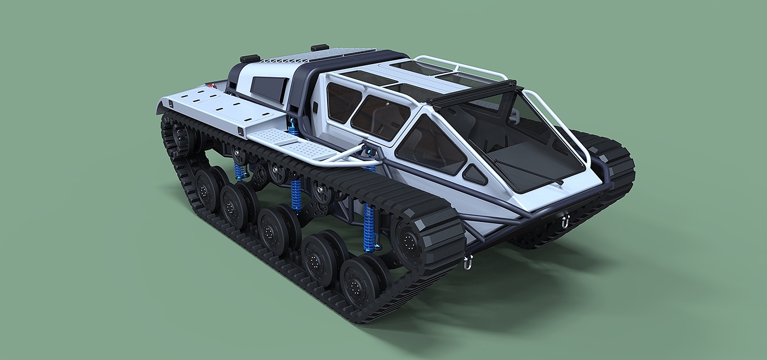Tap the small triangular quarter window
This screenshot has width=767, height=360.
click(474, 174)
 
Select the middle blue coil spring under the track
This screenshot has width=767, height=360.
click(296, 195)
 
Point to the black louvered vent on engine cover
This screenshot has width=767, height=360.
click(268, 88)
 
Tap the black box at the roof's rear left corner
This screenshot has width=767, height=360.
click(249, 58)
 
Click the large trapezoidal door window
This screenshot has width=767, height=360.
click(430, 145)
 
